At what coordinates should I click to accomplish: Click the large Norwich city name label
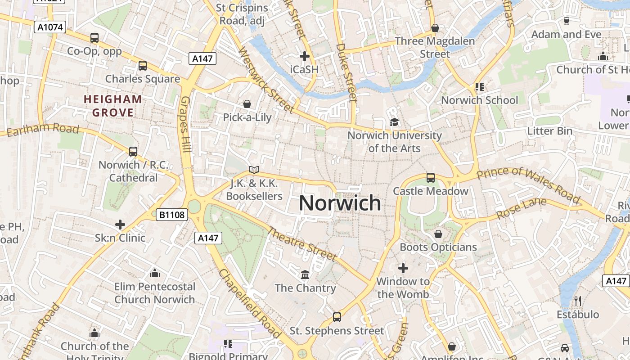340,203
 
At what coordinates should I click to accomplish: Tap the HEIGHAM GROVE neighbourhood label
113,106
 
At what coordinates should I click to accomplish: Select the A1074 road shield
50,27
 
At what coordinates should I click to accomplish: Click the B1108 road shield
171,215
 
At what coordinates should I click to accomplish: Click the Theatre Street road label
302,244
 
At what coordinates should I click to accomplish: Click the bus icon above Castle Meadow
431,178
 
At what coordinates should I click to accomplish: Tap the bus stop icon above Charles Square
143,66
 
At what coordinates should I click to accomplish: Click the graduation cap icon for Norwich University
394,122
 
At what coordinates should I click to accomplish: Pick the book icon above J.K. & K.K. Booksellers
254,170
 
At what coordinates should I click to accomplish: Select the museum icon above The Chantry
305,274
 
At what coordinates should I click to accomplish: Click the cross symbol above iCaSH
305,56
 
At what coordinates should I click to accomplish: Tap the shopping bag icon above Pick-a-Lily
247,104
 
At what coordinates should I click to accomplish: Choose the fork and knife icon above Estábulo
578,301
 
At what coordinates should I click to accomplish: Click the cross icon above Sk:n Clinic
120,224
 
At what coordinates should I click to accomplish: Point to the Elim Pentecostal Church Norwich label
155,293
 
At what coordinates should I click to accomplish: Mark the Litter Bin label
550,131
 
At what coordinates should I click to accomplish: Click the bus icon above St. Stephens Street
337,317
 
